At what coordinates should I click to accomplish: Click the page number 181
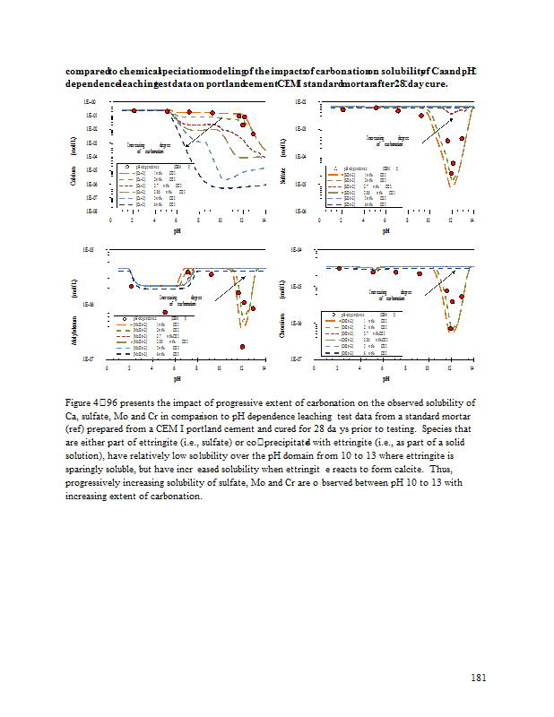(478, 677)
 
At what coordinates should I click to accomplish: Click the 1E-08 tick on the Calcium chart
(91, 211)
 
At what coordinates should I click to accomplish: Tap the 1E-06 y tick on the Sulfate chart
(301, 211)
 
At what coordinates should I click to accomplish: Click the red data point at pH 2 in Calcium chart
(133, 110)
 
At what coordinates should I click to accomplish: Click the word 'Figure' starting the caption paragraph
(80, 402)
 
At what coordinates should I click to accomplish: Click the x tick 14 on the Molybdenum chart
(264, 367)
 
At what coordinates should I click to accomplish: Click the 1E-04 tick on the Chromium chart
(301, 248)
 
